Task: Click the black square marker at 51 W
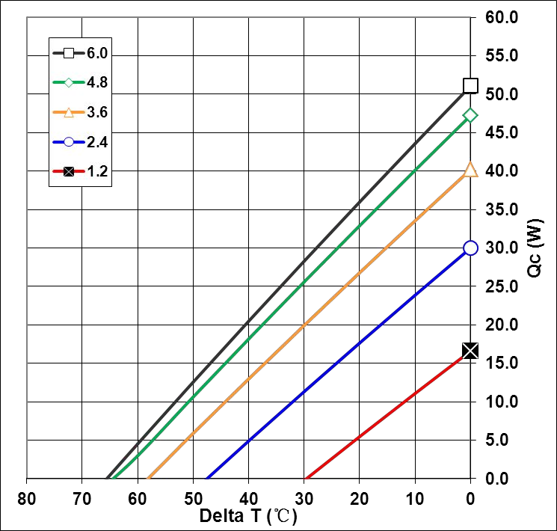[x=470, y=85]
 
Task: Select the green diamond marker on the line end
[x=470, y=114]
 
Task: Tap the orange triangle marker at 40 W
[x=470, y=170]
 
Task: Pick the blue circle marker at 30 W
[x=470, y=248]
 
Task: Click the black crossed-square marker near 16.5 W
[x=470, y=350]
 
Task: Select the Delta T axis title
[x=248, y=516]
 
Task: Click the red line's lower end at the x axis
[x=306, y=477]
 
